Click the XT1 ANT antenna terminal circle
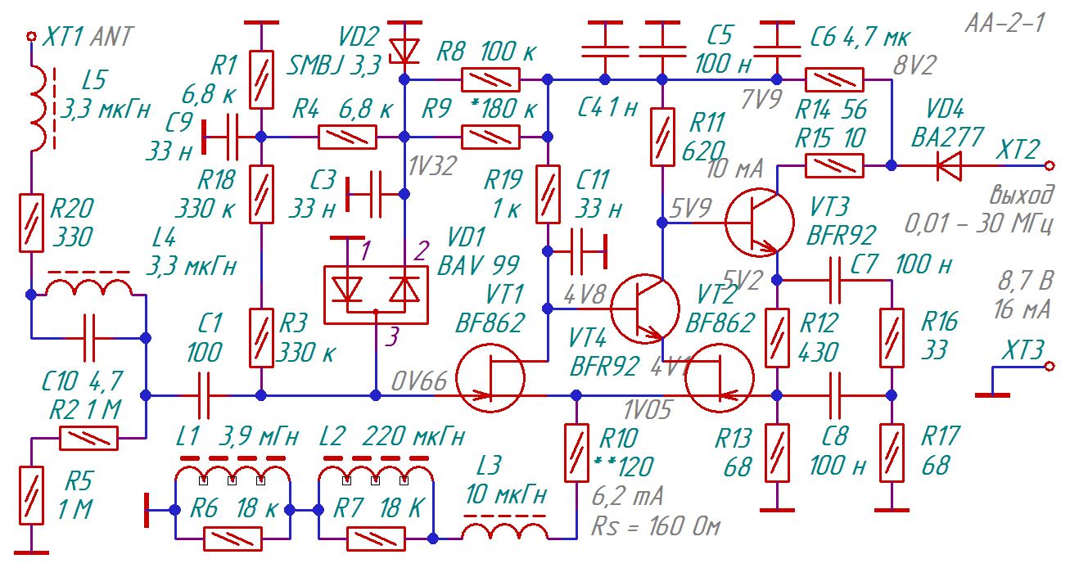click(x=32, y=36)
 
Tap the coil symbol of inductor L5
click(x=38, y=109)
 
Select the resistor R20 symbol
click(x=32, y=223)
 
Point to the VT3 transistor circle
click(x=760, y=222)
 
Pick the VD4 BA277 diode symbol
click(x=949, y=166)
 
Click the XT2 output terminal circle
click(x=1050, y=166)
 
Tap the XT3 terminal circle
click(x=1050, y=367)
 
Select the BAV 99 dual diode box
click(x=376, y=295)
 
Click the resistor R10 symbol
click(x=576, y=453)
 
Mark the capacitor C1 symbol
click(x=204, y=395)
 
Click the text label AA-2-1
click(x=1005, y=22)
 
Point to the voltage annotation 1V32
click(x=433, y=166)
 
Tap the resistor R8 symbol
click(x=490, y=79)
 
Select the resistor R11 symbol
click(x=662, y=137)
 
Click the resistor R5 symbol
click(x=32, y=495)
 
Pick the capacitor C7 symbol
click(x=834, y=281)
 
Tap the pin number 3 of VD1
click(x=392, y=336)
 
